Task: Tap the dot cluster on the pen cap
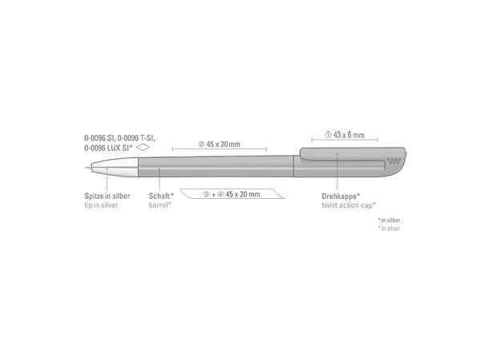click(x=394, y=160)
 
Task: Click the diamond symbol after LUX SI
click(x=143, y=148)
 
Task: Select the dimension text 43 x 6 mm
click(x=349, y=135)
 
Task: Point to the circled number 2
click(x=201, y=144)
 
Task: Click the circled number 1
click(x=328, y=135)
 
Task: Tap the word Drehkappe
click(x=339, y=197)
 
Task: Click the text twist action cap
click(x=347, y=205)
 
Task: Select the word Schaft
click(x=160, y=196)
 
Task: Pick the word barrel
click(x=159, y=205)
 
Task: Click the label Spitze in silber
click(x=107, y=196)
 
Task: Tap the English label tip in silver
click(x=101, y=205)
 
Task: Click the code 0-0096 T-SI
click(x=136, y=138)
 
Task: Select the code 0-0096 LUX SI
click(x=107, y=148)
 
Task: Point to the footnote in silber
click(x=390, y=221)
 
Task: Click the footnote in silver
click(x=390, y=229)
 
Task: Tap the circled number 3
click(x=207, y=194)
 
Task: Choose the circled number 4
click(x=220, y=194)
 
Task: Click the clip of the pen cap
click(x=343, y=155)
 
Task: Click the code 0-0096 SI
click(x=99, y=138)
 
